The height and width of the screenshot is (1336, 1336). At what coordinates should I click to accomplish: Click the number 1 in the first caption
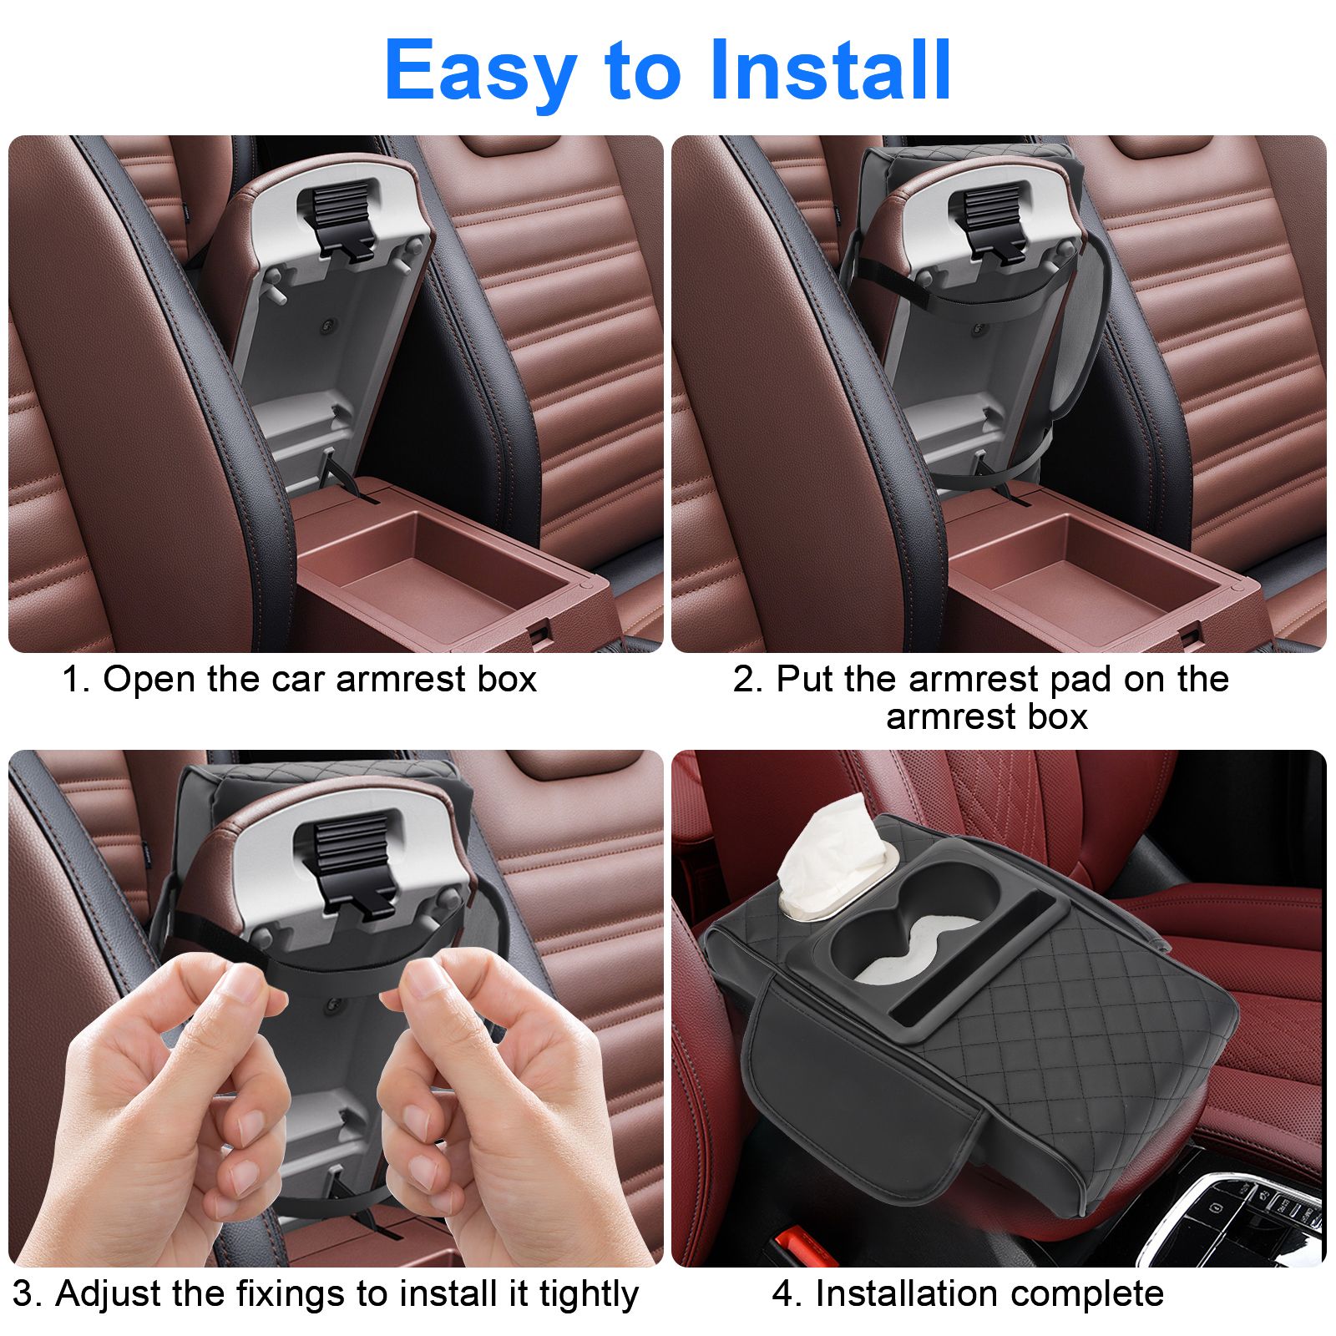click(x=73, y=680)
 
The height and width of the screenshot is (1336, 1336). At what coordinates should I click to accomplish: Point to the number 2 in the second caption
click(x=745, y=680)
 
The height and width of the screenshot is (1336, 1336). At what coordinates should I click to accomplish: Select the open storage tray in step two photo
click(x=1085, y=568)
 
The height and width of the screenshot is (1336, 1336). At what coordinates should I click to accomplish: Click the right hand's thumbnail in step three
click(x=426, y=977)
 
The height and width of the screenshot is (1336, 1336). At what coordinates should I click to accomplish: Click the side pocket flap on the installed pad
click(x=860, y=1094)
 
